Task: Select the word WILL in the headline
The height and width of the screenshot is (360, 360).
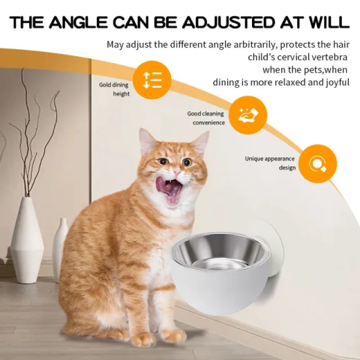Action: pos(327,22)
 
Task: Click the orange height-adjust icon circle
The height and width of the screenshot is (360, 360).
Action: pos(152,80)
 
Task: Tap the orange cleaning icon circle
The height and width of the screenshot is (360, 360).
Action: pos(248,115)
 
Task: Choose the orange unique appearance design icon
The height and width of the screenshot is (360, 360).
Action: pos(318,163)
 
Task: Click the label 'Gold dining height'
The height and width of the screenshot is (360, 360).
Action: pos(114,89)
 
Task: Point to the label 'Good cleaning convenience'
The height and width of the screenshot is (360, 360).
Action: pos(206,118)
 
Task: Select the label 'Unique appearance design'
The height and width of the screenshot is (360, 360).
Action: pos(270,163)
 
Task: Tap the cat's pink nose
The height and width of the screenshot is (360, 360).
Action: pos(177,172)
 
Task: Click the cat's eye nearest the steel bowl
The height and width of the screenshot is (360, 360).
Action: pos(187,162)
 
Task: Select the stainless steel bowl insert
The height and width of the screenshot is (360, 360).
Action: pos(220,252)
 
